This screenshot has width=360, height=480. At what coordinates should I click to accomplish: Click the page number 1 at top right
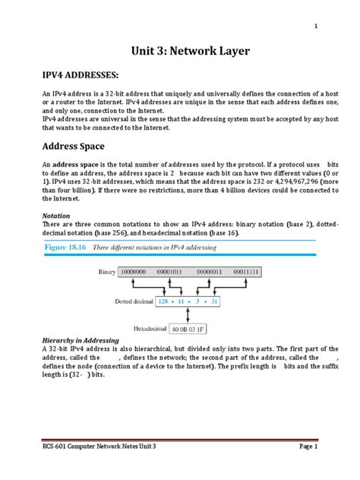point(316,27)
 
